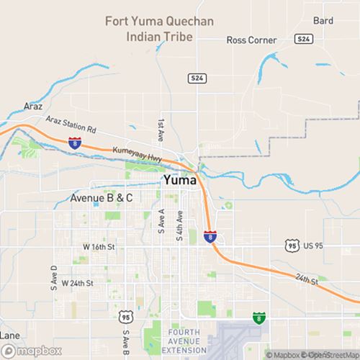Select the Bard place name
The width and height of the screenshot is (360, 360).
323,21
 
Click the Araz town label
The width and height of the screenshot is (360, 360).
33,105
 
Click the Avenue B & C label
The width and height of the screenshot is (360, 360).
102,197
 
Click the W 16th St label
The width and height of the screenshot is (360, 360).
99,247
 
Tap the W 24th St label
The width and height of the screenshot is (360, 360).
78,283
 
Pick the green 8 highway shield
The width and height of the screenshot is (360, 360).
258,317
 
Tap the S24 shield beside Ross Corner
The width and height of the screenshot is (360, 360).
305,37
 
